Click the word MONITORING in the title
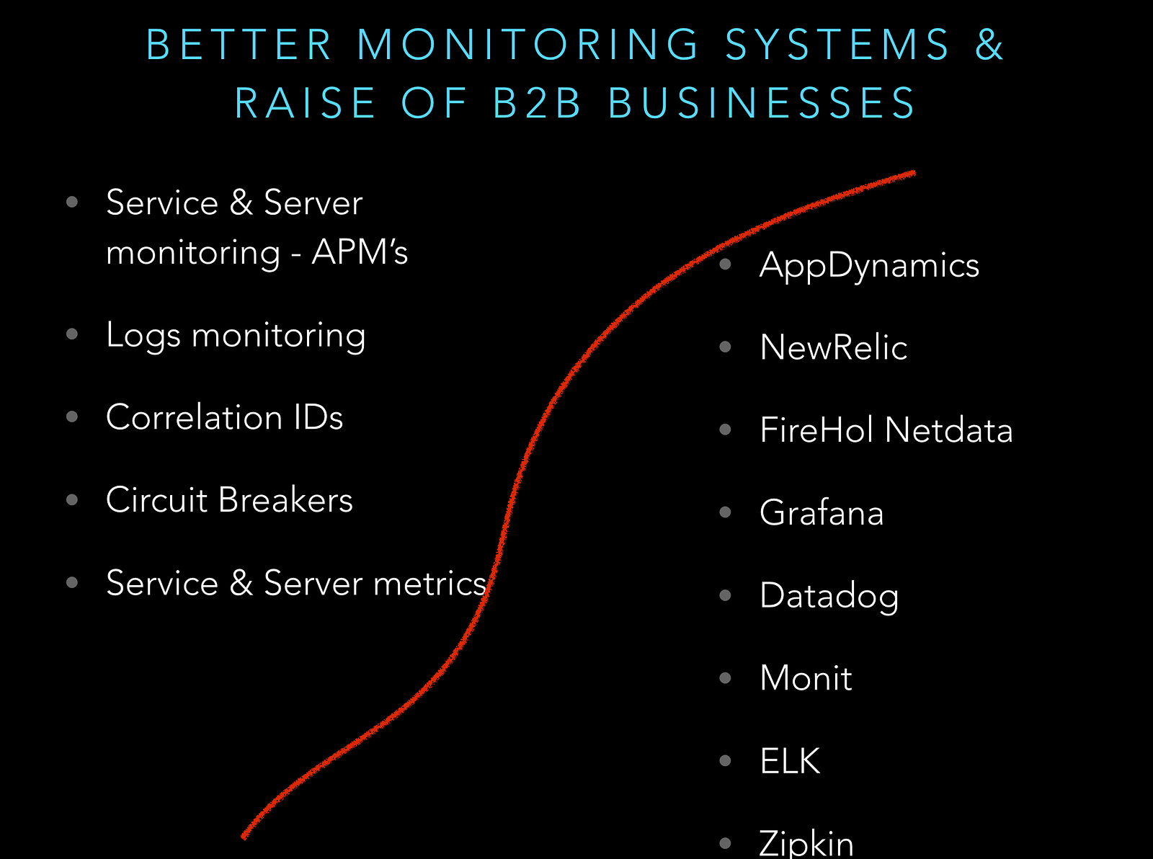coord(528,45)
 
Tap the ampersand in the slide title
coord(989,45)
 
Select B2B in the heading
coord(538,102)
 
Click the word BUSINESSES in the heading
coord(762,102)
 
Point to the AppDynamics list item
coord(869,265)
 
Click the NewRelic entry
coord(833,347)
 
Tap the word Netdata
coord(948,430)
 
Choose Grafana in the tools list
coord(822,513)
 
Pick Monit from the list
coord(806,678)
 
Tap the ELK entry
coord(790,761)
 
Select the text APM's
coord(360,252)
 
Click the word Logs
coord(143,336)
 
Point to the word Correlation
coord(194,417)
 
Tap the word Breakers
coord(285,500)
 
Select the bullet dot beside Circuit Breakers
coord(72,499)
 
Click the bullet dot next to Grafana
coord(726,512)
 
